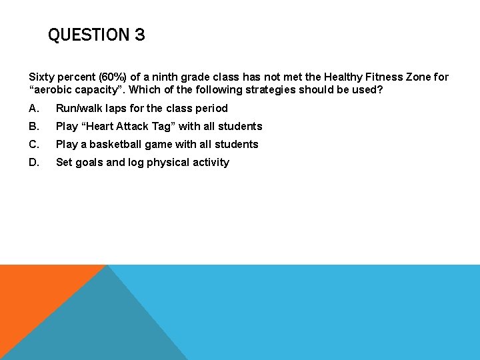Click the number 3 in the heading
(x=139, y=35)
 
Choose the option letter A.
(x=33, y=108)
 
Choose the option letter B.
(x=33, y=126)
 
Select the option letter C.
(x=33, y=144)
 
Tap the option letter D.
(x=33, y=162)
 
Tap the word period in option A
(x=211, y=108)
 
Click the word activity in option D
(x=210, y=162)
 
